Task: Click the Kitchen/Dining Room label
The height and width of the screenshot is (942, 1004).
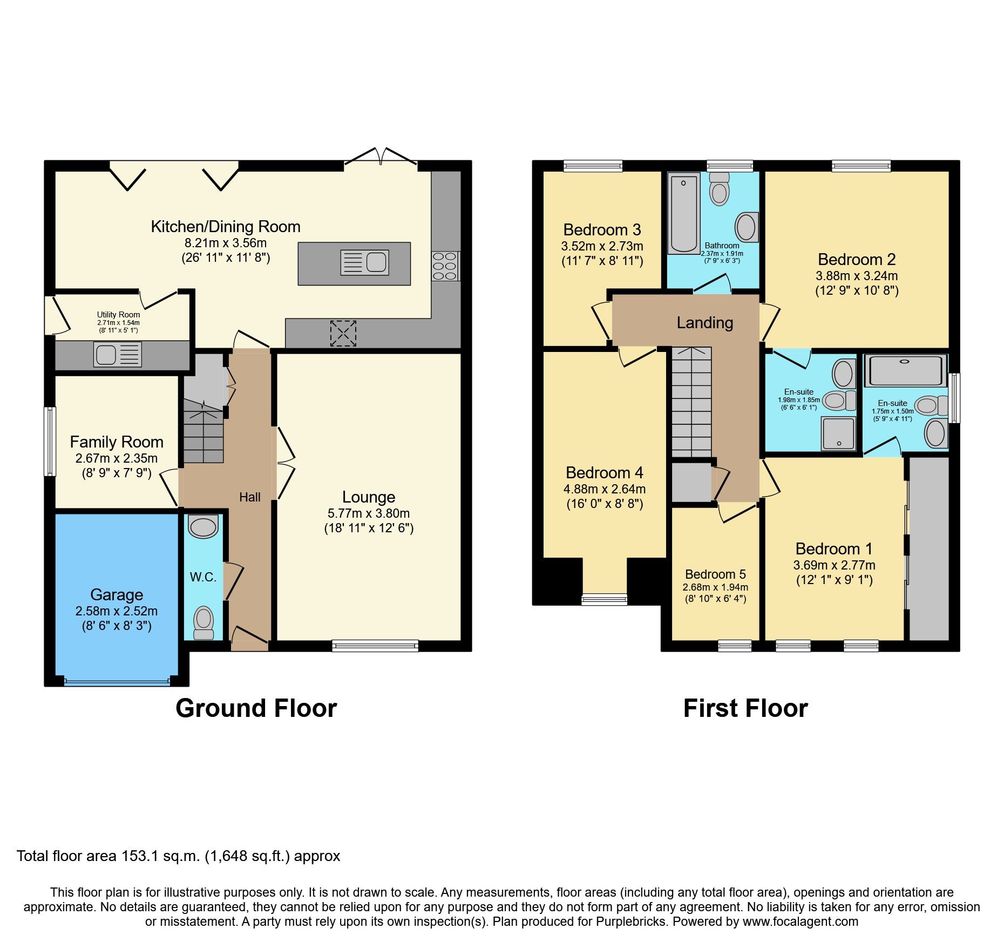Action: [225, 227]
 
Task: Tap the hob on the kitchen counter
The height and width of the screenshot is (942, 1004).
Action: [445, 266]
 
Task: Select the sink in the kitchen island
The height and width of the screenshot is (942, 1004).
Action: [364, 263]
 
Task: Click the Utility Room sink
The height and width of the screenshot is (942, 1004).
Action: [117, 355]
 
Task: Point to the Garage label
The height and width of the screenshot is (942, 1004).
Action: [117, 595]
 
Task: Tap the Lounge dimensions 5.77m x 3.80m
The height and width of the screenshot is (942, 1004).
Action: [368, 513]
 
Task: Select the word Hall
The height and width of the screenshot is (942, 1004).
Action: [250, 497]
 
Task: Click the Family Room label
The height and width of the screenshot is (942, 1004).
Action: [117, 442]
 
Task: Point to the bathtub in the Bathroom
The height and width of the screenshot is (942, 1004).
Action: [684, 213]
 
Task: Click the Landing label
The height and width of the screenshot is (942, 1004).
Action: [704, 323]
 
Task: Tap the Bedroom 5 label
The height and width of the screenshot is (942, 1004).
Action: [715, 574]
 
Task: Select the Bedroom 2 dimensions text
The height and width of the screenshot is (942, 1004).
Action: [857, 276]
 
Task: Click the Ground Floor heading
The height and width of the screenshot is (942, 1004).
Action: [256, 708]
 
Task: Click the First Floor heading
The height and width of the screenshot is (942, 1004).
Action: [745, 708]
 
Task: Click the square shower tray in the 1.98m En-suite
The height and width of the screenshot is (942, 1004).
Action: [838, 433]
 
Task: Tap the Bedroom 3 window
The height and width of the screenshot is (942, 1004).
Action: [593, 166]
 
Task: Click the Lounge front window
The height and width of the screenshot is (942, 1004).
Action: [375, 645]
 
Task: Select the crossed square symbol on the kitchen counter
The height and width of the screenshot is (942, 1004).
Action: [343, 333]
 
